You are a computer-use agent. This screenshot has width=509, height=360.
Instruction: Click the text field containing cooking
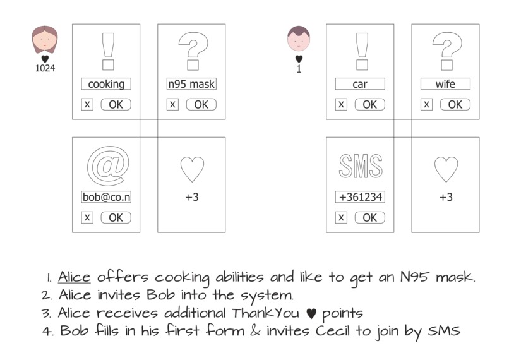[106, 84]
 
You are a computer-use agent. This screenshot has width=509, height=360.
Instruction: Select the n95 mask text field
[191, 84]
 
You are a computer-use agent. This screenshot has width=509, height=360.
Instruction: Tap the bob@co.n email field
[106, 197]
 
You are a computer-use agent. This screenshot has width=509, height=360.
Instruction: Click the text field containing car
[360, 84]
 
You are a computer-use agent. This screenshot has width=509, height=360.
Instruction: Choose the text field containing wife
[445, 84]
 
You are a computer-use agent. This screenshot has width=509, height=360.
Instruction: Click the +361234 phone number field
[360, 197]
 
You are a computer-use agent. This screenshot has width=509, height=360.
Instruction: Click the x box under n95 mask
[172, 104]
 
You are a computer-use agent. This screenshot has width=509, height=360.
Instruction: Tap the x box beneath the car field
[341, 104]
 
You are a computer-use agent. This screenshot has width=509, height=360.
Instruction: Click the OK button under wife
[455, 104]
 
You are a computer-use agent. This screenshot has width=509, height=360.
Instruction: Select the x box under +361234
[341, 217]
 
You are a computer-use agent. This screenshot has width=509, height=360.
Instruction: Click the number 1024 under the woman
[45, 69]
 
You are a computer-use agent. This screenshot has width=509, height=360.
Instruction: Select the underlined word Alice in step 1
[75, 277]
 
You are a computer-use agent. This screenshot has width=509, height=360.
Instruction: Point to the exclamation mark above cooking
[107, 51]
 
